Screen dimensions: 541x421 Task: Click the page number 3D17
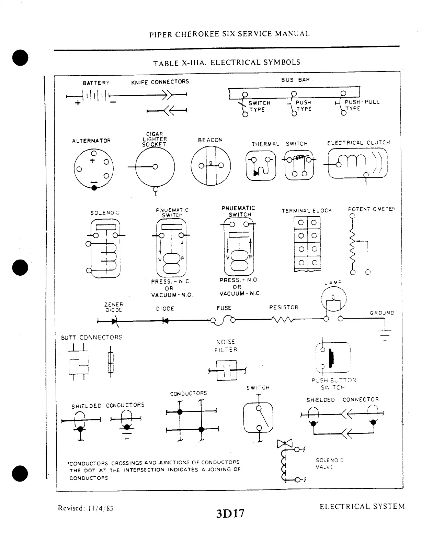pyautogui.click(x=230, y=513)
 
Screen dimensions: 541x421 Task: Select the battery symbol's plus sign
pyautogui.click(x=78, y=103)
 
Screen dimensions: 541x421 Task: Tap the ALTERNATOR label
pyautogui.click(x=91, y=141)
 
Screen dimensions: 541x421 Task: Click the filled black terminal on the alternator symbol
pyautogui.click(x=94, y=188)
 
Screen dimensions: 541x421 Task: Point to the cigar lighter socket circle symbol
pyautogui.click(x=155, y=167)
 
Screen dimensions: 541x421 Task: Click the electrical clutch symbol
pyautogui.click(x=357, y=164)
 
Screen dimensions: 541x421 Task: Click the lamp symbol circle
pyautogui.click(x=333, y=298)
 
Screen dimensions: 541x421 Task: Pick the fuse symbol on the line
pyautogui.click(x=223, y=320)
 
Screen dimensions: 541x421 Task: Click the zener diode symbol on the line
pyautogui.click(x=114, y=321)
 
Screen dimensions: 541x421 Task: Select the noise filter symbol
pyautogui.click(x=227, y=370)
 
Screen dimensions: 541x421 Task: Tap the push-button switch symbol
pyautogui.click(x=333, y=357)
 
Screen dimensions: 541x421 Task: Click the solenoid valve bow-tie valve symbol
pyautogui.click(x=284, y=444)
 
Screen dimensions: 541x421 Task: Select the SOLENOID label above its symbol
pyautogui.click(x=105, y=213)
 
